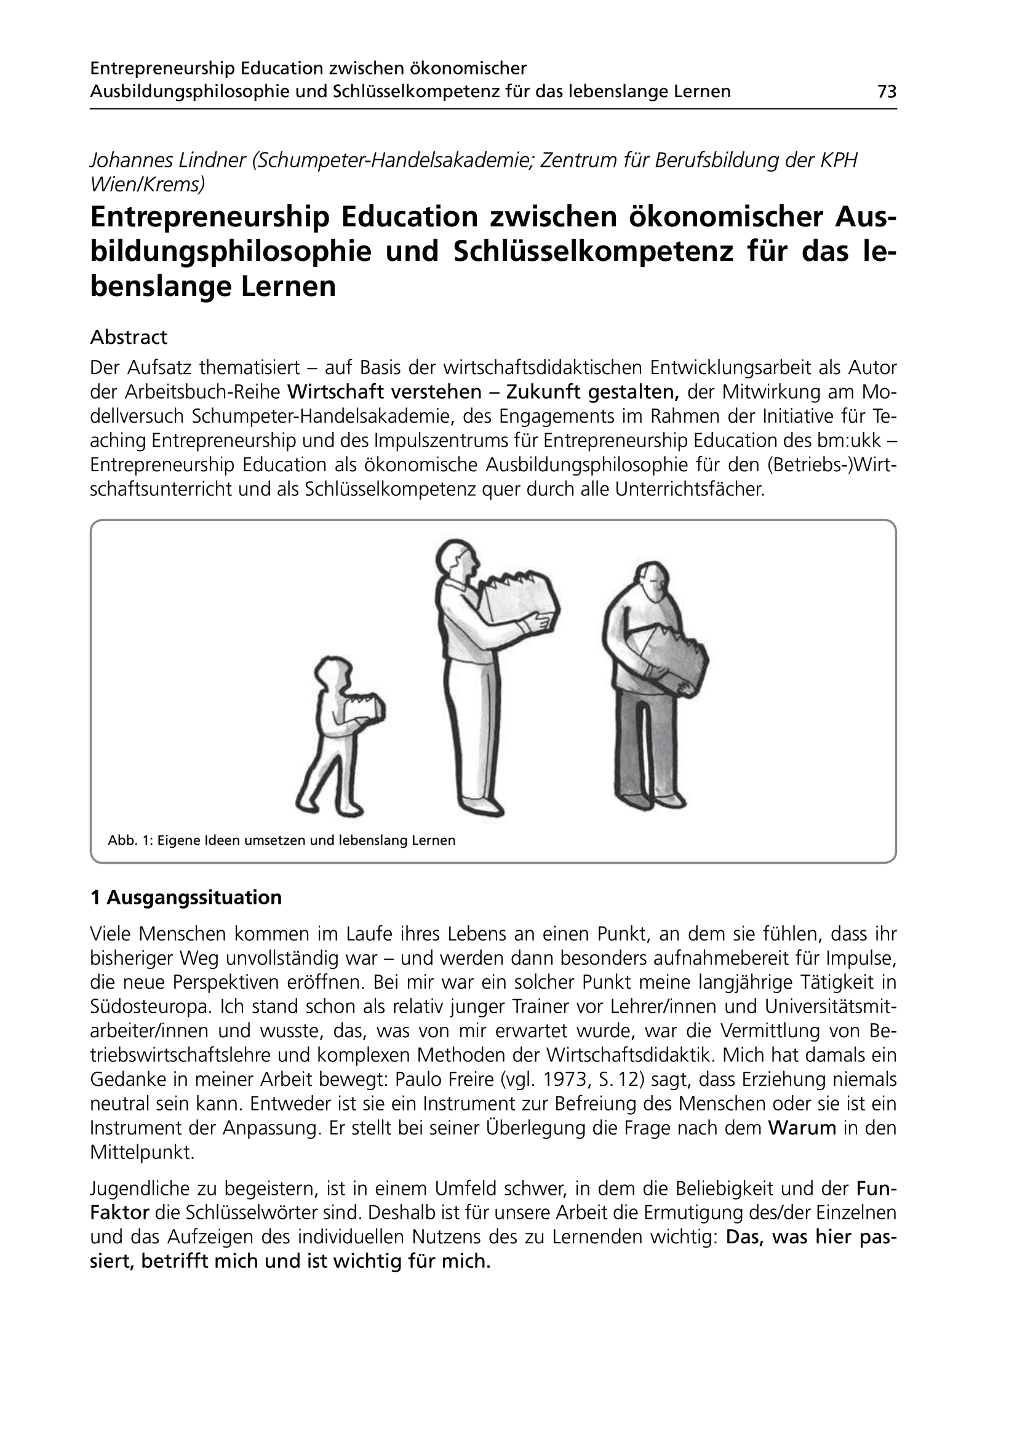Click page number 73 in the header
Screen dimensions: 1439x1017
coord(887,92)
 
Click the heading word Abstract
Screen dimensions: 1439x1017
coord(129,338)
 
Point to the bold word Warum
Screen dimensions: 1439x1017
coord(802,1128)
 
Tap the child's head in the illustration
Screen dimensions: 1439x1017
coord(331,673)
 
